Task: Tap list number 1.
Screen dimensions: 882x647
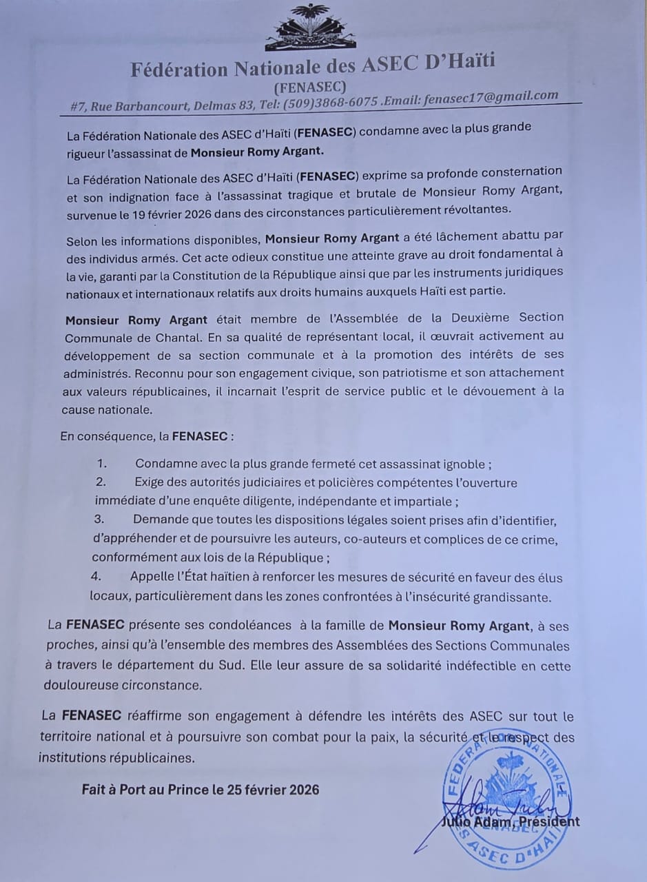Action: (x=102, y=464)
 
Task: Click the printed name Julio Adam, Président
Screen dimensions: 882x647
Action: (x=510, y=821)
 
